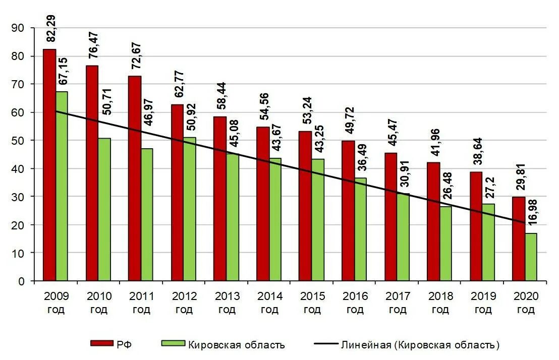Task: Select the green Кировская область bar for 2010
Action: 104,209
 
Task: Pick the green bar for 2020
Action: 531,257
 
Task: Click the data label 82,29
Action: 51,29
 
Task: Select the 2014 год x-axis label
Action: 269,303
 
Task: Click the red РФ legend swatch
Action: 101,343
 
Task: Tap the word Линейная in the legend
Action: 366,345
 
